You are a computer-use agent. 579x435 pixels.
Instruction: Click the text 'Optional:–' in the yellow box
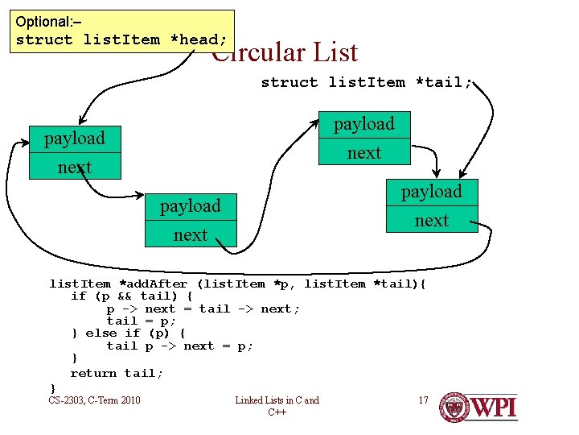coord(48,22)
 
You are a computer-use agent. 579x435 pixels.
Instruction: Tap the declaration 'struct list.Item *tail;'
coord(367,82)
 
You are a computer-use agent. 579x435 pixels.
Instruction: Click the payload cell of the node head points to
coord(75,139)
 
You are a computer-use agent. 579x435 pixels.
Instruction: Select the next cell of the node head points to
coord(75,168)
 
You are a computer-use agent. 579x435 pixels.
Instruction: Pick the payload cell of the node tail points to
coord(432,192)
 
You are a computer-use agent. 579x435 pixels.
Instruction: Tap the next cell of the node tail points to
coord(432,220)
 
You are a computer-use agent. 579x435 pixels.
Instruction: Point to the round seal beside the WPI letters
coord(454,407)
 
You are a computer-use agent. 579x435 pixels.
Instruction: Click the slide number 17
coord(423,400)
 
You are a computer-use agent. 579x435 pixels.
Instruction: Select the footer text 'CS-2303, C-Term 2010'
coord(94,400)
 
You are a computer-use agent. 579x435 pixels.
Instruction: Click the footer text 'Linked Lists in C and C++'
coord(277,406)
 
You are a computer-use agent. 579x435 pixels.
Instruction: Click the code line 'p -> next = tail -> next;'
coord(203,309)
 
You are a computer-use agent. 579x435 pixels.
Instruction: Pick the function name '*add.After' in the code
coord(153,284)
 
